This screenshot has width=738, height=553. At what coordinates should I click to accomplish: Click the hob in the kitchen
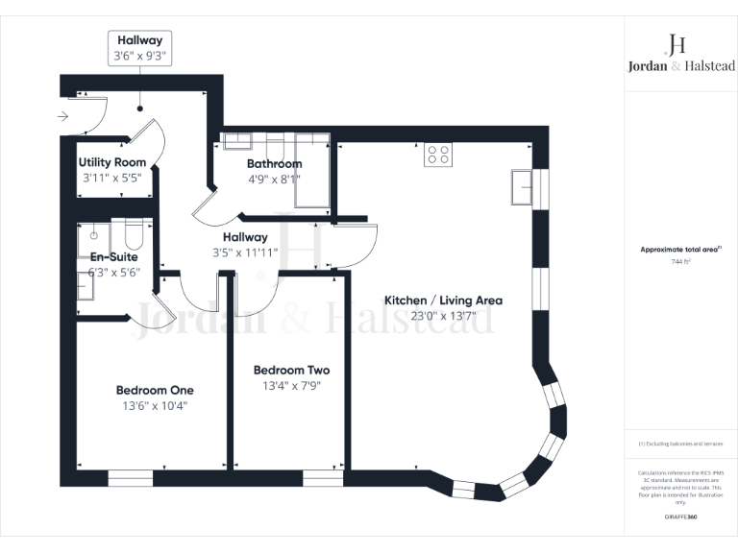[439, 155]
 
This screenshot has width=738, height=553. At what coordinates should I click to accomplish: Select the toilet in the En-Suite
[133, 235]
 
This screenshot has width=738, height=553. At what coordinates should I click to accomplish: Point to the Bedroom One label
[155, 390]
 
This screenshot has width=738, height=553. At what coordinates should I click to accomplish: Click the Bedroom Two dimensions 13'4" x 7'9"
[291, 386]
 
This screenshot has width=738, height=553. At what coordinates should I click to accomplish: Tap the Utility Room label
[112, 162]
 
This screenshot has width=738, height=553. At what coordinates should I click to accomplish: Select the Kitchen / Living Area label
[443, 301]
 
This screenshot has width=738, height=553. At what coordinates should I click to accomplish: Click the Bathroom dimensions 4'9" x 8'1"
[274, 179]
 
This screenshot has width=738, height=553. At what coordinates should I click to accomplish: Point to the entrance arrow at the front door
[63, 117]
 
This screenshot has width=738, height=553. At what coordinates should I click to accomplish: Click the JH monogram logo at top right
[676, 44]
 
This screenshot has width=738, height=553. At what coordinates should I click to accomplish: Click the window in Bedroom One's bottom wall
[130, 477]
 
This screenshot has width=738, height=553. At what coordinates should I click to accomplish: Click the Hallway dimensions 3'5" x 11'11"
[245, 252]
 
